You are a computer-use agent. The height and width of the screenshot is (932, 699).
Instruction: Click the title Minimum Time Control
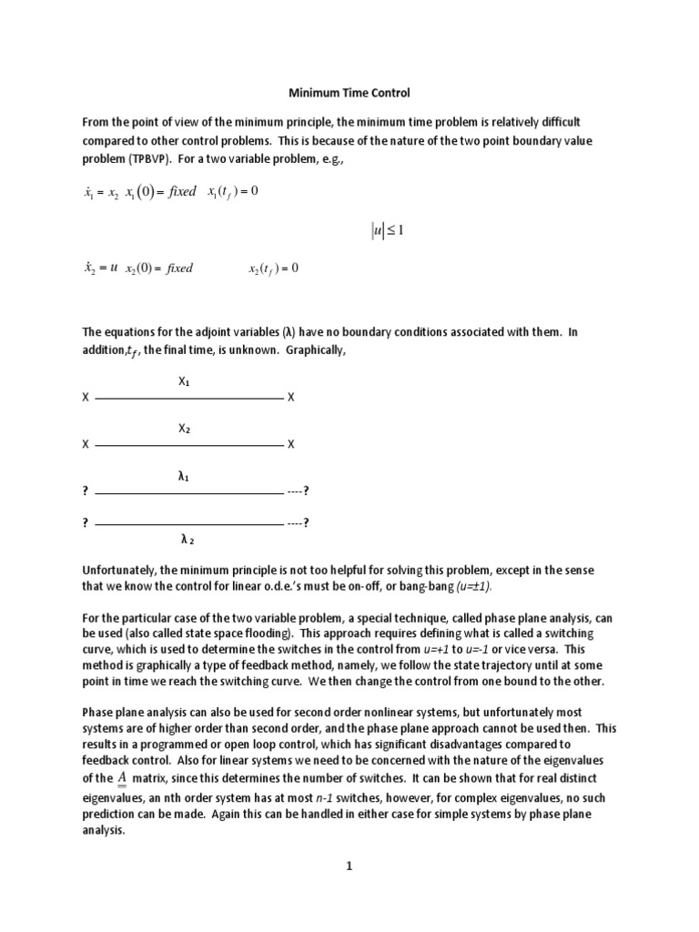tap(349, 94)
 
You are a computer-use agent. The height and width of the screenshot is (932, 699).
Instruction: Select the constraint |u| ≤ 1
tap(387, 230)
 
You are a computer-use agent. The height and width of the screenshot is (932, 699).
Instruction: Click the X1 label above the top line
tap(184, 381)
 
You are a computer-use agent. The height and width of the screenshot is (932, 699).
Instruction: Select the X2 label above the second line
tap(184, 428)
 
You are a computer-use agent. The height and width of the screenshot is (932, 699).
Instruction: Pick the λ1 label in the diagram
tap(183, 475)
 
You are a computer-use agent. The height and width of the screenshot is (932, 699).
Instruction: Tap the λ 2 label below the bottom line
tap(187, 539)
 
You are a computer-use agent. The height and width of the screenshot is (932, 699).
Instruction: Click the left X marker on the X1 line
tap(86, 399)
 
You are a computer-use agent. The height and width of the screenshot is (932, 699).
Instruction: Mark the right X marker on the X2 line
tap(291, 445)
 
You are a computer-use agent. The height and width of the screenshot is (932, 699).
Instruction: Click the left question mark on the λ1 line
tap(86, 491)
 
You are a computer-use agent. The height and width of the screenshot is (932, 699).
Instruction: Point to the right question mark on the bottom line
tap(307, 522)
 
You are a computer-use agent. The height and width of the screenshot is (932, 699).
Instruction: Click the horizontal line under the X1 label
tap(188, 399)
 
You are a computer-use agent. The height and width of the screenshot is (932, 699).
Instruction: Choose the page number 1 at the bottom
tap(349, 867)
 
